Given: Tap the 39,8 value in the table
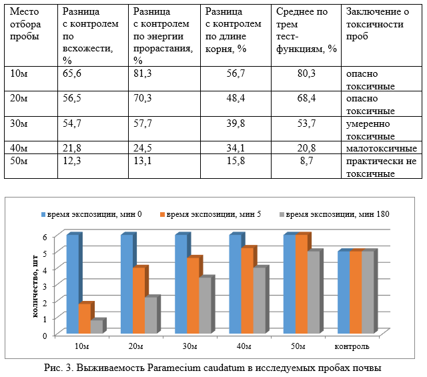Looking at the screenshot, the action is pyautogui.click(x=236, y=123).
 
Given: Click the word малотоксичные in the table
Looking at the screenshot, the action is pyautogui.click(x=381, y=148).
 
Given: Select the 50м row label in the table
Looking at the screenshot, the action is pyautogui.click(x=19, y=160).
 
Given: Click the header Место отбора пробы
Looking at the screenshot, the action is pyautogui.click(x=25, y=24).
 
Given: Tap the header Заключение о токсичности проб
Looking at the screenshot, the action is pyautogui.click(x=378, y=24).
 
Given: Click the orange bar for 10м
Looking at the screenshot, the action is pyautogui.click(x=85, y=318).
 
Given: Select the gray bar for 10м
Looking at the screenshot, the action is pyautogui.click(x=96, y=326).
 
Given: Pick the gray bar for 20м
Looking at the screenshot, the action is pyautogui.click(x=151, y=315).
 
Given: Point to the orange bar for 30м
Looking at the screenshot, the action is pyautogui.click(x=193, y=296).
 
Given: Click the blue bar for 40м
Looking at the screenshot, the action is pyautogui.click(x=236, y=284).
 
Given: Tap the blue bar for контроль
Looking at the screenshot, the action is pyautogui.click(x=344, y=292).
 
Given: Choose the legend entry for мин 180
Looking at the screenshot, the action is pyautogui.click(x=334, y=214).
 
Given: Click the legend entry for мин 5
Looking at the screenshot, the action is pyautogui.click(x=211, y=214).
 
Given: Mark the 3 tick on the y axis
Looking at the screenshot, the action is pyautogui.click(x=45, y=286).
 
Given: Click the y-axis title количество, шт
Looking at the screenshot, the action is pyautogui.click(x=35, y=286).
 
